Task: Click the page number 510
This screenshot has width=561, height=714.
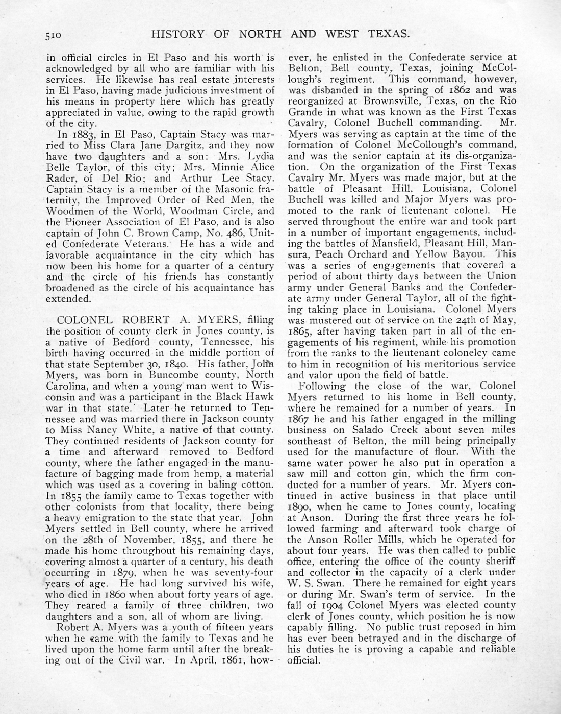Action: pos(54,36)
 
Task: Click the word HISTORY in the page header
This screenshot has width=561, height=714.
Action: pos(175,34)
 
